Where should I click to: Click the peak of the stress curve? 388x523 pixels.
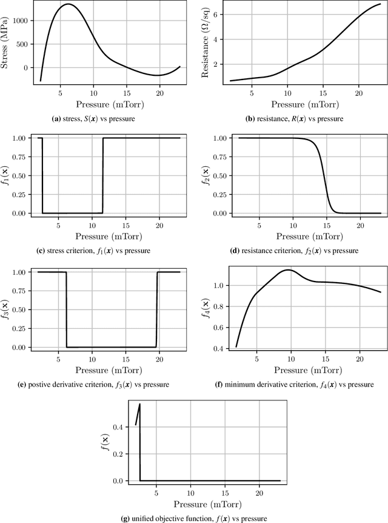pyautogui.click(x=67, y=4)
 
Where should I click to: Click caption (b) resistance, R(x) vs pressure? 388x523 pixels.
pyautogui.click(x=293, y=118)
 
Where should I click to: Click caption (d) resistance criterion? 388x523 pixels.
pyautogui.click(x=293, y=249)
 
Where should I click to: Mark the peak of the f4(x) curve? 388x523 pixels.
pyautogui.click(x=289, y=270)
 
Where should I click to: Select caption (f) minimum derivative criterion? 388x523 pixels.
pyautogui.click(x=293, y=384)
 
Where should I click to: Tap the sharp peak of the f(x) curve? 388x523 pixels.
pyautogui.click(x=140, y=404)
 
